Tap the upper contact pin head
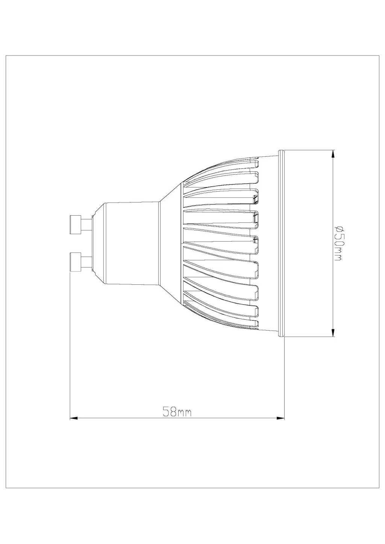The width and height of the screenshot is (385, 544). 76,224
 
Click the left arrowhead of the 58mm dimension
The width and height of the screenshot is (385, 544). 74,418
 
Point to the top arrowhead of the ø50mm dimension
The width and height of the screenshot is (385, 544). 333,154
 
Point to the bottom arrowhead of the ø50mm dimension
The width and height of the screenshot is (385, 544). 333,332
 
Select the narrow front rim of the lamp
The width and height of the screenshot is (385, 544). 281,243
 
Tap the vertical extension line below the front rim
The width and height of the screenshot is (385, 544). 285,376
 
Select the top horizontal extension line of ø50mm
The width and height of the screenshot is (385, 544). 308,150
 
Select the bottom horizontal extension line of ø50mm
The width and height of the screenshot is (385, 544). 308,337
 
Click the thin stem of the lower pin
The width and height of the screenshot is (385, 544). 87,261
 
